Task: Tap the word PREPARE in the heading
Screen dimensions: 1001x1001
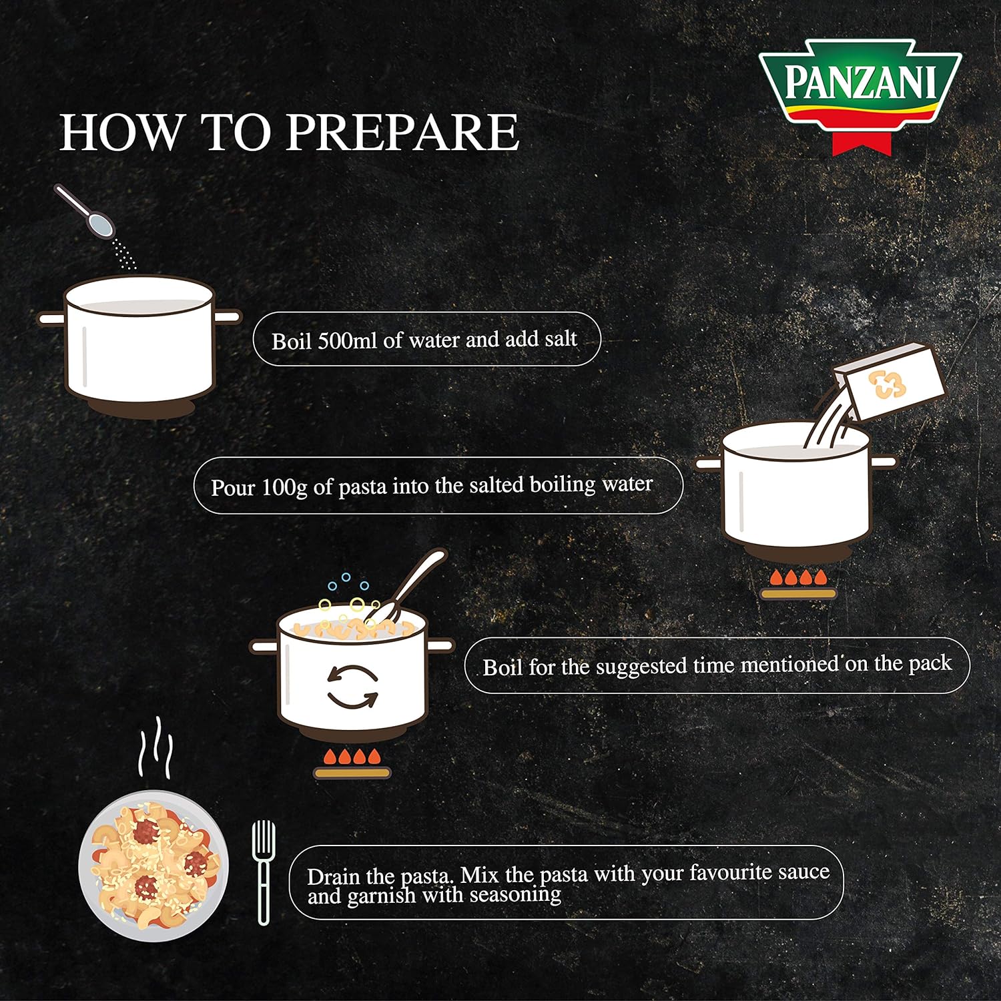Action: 402,132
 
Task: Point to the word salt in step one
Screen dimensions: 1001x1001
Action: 561,338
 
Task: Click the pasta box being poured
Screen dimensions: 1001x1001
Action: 890,382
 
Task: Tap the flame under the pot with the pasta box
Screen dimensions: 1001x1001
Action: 799,577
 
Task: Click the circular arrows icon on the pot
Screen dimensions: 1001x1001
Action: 352,687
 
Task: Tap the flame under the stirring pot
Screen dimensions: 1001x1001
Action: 352,757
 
